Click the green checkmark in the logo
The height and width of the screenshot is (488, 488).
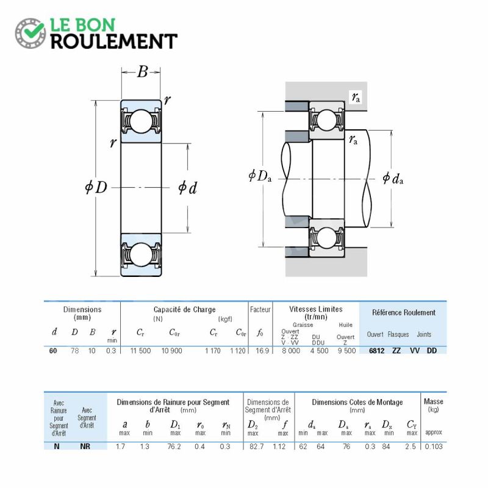pyautogui.click(x=34, y=30)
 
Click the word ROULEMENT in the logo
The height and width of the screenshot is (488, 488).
pyautogui.click(x=114, y=41)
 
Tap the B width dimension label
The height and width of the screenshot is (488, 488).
pyautogui.click(x=142, y=71)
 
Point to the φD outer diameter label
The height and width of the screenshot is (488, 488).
pyautogui.click(x=96, y=187)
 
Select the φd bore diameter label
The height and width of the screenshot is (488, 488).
pyautogui.click(x=187, y=187)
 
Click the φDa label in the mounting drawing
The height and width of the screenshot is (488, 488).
pyautogui.click(x=260, y=176)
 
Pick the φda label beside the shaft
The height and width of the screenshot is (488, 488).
pyautogui.click(x=393, y=178)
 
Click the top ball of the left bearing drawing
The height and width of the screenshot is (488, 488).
pyautogui.click(x=141, y=121)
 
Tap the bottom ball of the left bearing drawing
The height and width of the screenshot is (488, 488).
pyautogui.click(x=141, y=254)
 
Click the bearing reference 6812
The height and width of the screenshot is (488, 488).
pyautogui.click(x=376, y=351)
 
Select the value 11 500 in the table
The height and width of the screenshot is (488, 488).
pyautogui.click(x=140, y=351)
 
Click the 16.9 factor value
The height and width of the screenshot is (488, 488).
pyautogui.click(x=262, y=351)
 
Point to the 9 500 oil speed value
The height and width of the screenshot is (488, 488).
pyautogui.click(x=346, y=351)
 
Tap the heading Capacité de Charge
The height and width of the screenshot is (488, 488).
pyautogui.click(x=185, y=310)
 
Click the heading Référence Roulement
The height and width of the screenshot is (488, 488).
pyautogui.click(x=404, y=312)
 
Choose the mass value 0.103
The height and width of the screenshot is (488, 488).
pyautogui.click(x=434, y=447)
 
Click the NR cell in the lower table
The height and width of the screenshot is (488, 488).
pyautogui.click(x=85, y=447)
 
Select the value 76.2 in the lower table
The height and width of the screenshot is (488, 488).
pyautogui.click(x=174, y=447)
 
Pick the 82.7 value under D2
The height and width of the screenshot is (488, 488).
pyautogui.click(x=256, y=447)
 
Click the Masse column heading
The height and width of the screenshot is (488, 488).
pyautogui.click(x=434, y=401)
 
